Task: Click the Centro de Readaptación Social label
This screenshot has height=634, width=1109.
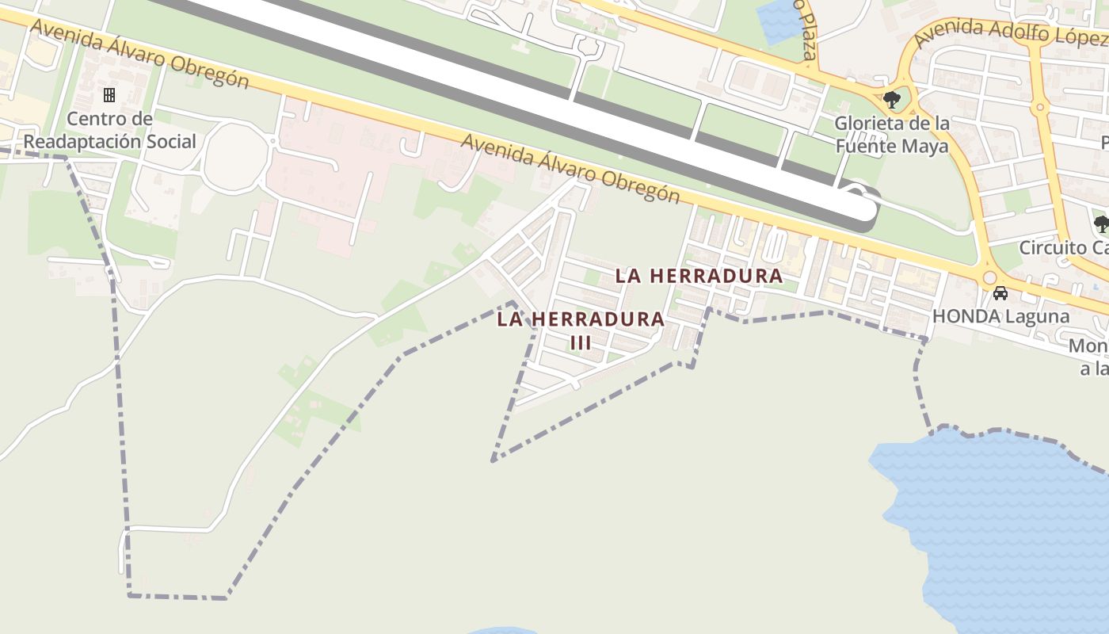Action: pyautogui.click(x=109, y=131)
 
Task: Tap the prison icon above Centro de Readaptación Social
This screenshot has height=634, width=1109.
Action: pyautogui.click(x=109, y=95)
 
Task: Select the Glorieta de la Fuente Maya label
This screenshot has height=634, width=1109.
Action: pyautogui.click(x=892, y=135)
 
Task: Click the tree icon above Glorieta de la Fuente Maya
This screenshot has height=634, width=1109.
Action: pyautogui.click(x=892, y=100)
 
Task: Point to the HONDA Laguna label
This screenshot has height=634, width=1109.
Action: pyautogui.click(x=1000, y=316)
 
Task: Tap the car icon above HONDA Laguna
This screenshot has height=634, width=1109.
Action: pyautogui.click(x=1000, y=293)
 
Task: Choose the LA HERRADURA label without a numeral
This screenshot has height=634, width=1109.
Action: pyautogui.click(x=699, y=276)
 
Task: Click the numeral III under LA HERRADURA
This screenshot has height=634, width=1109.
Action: pyautogui.click(x=581, y=343)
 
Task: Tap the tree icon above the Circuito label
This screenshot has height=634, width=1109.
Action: pyautogui.click(x=1101, y=223)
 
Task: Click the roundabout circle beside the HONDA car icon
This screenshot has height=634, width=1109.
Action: pyautogui.click(x=989, y=277)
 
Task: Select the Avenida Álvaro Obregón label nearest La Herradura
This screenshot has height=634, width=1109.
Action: pyautogui.click(x=570, y=169)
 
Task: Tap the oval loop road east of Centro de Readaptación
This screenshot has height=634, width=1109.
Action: pyautogui.click(x=233, y=157)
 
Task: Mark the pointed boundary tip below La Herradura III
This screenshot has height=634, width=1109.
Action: pyautogui.click(x=494, y=460)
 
